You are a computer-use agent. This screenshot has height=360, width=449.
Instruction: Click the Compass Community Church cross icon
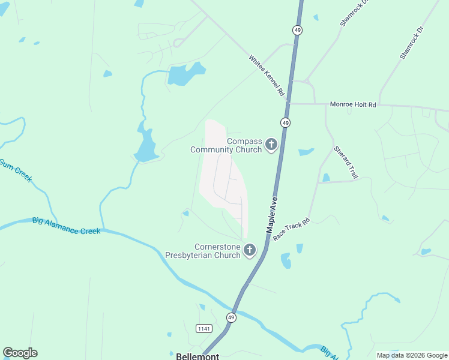click(x=271, y=144)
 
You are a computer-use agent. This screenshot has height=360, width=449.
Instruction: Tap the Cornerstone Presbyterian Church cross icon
click(x=249, y=250)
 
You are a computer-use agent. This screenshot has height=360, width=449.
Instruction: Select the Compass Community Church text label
click(x=226, y=145)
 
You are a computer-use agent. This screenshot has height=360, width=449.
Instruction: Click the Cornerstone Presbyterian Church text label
click(x=203, y=251)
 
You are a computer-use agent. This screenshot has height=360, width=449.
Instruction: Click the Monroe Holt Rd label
click(x=353, y=104)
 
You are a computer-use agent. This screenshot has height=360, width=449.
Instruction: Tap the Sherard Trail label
click(x=345, y=162)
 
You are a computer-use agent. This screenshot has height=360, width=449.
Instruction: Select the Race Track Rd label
click(x=291, y=230)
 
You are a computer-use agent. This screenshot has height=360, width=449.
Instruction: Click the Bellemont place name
click(x=197, y=356)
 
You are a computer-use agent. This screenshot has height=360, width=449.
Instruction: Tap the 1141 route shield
click(x=204, y=328)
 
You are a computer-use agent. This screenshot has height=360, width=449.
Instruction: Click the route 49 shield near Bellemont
click(x=231, y=317)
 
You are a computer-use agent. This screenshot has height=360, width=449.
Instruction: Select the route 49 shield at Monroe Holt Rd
click(x=286, y=122)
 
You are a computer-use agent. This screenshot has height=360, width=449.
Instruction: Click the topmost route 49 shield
click(x=297, y=29)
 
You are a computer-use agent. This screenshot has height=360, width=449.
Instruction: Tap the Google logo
click(x=20, y=353)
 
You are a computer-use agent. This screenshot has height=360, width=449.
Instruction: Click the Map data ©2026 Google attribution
click(x=411, y=355)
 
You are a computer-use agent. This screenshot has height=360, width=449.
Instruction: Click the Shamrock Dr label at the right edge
click(x=412, y=42)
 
